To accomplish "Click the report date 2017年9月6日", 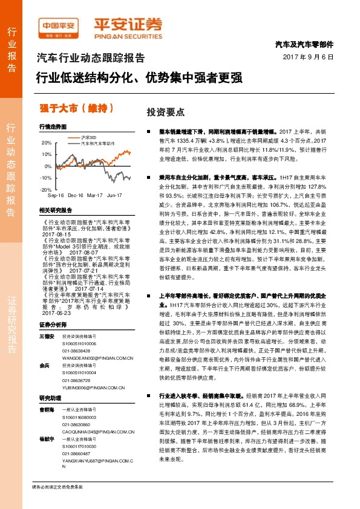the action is pyautogui.click(x=309, y=57).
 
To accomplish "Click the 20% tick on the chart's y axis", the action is pyautogui.click(x=47, y=143).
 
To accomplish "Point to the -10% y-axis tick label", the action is pyautogui.click(x=46, y=178).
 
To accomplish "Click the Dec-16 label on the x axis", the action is pyautogui.click(x=76, y=196).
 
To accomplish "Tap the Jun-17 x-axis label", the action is pyautogui.click(x=114, y=196).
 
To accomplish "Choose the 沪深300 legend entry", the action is pyautogui.click(x=90, y=138).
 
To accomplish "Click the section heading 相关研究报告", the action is pyautogui.click(x=55, y=210).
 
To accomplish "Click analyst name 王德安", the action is pyautogui.click(x=47, y=336).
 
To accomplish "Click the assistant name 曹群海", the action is pyautogui.click(x=47, y=409).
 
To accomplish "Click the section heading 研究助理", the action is pyautogui.click(x=51, y=398).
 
